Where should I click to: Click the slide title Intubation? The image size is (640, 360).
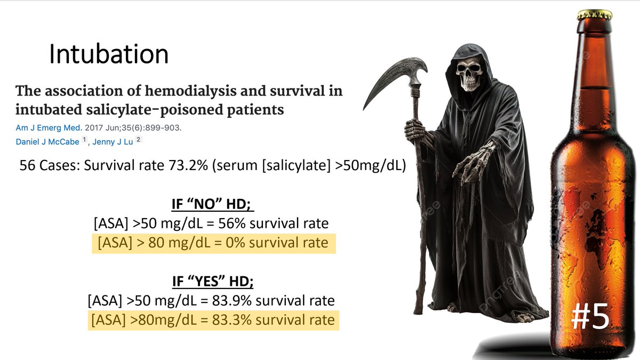click(x=109, y=54)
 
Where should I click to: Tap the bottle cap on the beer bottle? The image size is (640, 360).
click(x=594, y=14)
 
